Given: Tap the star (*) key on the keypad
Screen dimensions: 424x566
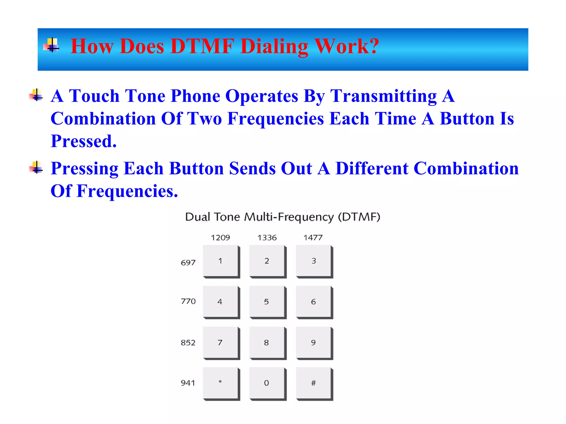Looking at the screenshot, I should pos(220,383).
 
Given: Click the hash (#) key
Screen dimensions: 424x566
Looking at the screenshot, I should pos(313,383).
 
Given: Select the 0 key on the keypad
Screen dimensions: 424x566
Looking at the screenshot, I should pos(267,383).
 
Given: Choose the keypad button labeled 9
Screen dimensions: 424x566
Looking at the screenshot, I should pos(313,343).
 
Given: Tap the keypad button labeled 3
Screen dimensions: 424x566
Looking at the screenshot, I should pos(313,261).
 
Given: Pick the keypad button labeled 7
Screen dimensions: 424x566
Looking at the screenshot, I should pos(220,343).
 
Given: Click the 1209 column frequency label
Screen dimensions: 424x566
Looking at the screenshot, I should pos(220,238).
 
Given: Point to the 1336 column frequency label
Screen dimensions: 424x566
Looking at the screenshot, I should pos(267,238).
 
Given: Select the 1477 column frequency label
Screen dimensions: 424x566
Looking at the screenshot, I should pos(313,238).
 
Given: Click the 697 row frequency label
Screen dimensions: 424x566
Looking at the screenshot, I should pos(188,263).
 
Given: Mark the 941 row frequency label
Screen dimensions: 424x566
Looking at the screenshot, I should pos(188,383).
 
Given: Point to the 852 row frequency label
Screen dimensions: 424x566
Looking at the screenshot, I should pos(188,343).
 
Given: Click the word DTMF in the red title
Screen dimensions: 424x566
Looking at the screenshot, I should pos(202,46).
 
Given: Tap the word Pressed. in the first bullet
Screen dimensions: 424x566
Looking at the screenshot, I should pos(84,141).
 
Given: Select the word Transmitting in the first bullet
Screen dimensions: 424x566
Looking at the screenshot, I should pos(384,96).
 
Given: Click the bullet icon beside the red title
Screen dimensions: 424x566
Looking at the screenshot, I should pos(51,45).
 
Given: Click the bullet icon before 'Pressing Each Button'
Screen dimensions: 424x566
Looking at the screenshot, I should pos(36,168).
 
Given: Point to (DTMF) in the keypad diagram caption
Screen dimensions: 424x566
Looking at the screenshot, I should pos(359,217).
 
